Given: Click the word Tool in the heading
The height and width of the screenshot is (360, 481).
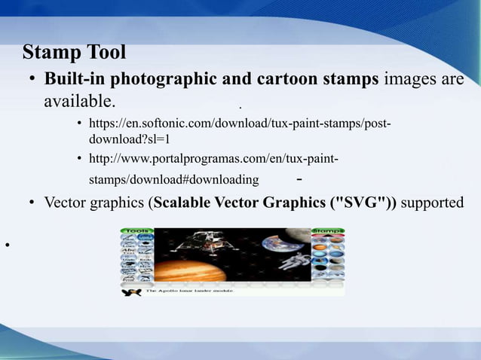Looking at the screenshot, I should point(103,53).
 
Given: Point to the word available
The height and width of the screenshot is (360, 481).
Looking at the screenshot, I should point(79,101).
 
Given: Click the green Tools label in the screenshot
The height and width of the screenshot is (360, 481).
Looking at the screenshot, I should point(137,231).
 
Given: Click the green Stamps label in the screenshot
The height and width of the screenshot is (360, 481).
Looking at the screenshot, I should point(328,231).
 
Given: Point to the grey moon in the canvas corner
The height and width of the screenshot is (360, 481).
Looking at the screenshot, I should point(302,236).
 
